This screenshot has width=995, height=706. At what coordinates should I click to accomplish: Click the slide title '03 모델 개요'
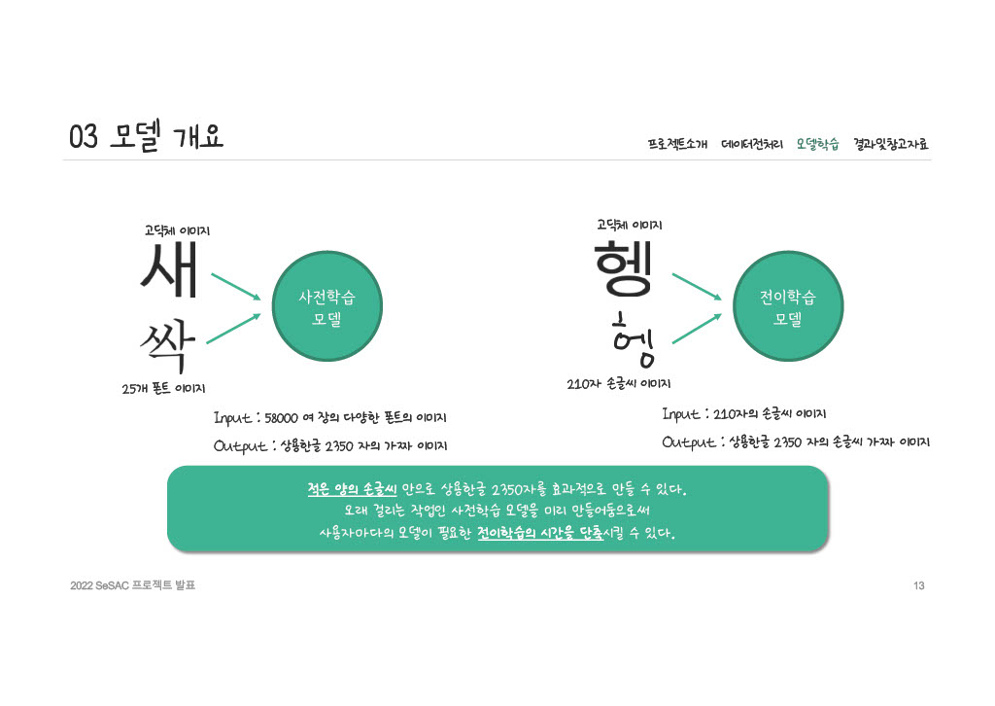[146, 137]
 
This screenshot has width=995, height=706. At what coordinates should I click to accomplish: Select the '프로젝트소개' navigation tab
[677, 145]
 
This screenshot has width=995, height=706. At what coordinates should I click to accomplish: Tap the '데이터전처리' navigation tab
[752, 145]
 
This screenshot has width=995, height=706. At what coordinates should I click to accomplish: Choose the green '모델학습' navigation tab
[817, 145]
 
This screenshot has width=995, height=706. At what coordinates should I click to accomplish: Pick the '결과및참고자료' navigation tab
[891, 145]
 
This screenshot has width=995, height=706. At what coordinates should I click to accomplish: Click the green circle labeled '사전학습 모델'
[326, 307]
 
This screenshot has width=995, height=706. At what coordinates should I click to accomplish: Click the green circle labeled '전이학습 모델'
[787, 307]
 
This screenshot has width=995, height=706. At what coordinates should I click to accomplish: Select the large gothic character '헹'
[627, 265]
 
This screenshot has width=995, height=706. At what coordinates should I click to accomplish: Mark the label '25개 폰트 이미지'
[163, 389]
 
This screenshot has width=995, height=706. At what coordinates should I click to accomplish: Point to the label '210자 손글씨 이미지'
[619, 383]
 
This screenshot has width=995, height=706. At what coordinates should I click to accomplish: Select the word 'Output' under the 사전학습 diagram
[240, 446]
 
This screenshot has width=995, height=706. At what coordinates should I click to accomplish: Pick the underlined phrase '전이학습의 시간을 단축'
[542, 534]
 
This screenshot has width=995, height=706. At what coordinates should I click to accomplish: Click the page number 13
[918, 585]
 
